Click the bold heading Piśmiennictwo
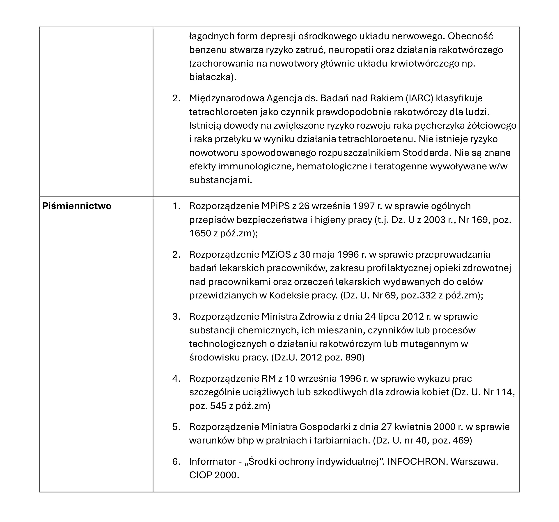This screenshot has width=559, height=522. click(77, 206)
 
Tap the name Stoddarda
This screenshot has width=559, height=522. click(427, 153)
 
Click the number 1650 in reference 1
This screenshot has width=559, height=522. click(200, 233)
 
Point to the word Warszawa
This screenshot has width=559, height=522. click(474, 462)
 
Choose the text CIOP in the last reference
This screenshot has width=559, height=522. click(200, 475)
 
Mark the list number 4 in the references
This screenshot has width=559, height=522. click(176, 379)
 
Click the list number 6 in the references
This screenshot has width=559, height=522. click(176, 462)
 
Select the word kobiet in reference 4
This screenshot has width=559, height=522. click(436, 392)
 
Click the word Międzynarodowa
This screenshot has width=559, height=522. click(226, 98)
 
